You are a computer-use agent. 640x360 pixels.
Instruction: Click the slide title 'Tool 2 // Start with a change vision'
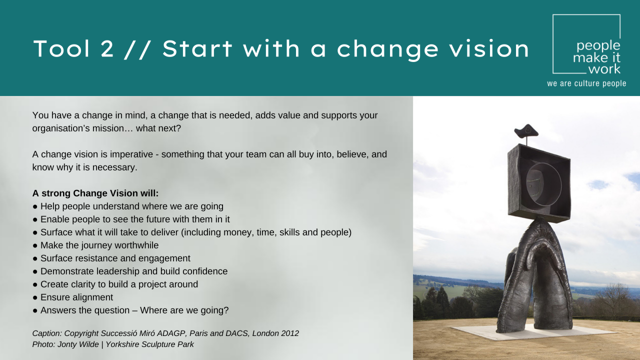coord(281,49)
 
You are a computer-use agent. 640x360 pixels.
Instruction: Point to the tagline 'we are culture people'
coord(586,83)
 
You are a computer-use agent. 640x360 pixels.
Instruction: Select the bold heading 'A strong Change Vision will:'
coord(95,193)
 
